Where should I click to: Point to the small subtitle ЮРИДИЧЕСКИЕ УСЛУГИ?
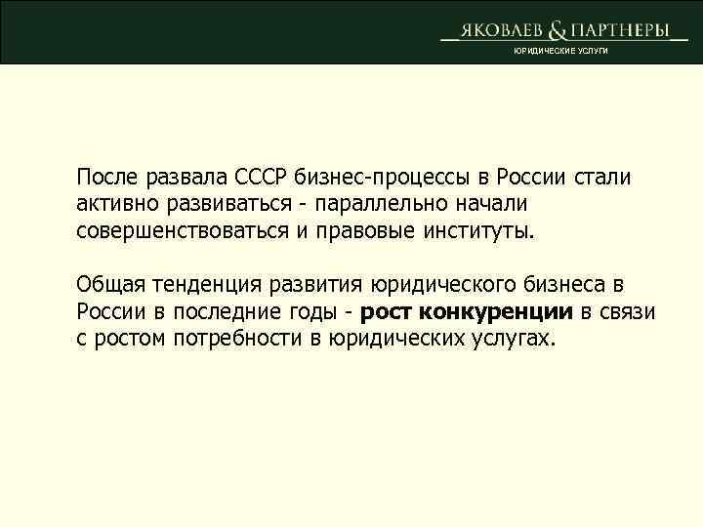(x=560, y=51)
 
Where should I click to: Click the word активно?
(x=115, y=206)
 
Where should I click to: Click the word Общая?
(x=110, y=286)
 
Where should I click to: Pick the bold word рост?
(x=388, y=314)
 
